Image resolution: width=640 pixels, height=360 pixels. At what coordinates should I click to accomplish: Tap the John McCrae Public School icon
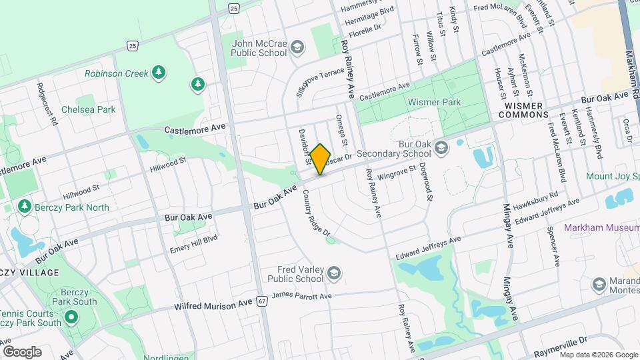(297, 47)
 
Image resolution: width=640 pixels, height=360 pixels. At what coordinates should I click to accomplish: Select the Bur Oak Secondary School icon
(441, 147)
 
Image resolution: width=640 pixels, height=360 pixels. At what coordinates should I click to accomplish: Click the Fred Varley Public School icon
(334, 272)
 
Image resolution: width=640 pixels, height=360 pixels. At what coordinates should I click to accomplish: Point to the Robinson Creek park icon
(158, 72)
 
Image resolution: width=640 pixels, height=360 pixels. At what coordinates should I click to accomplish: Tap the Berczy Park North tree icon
(25, 207)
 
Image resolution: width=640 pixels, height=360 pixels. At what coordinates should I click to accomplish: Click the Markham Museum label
(601, 227)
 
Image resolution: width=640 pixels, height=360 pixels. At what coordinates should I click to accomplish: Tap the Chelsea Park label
(88, 109)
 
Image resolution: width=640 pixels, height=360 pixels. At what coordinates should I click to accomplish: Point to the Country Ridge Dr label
(316, 213)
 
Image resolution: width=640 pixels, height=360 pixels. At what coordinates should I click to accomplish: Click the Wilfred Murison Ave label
(213, 304)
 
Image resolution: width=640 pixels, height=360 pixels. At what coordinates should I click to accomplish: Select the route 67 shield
(263, 301)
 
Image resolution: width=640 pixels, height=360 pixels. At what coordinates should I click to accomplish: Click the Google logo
(22, 351)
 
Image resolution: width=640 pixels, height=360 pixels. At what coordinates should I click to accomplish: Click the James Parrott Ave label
(302, 296)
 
